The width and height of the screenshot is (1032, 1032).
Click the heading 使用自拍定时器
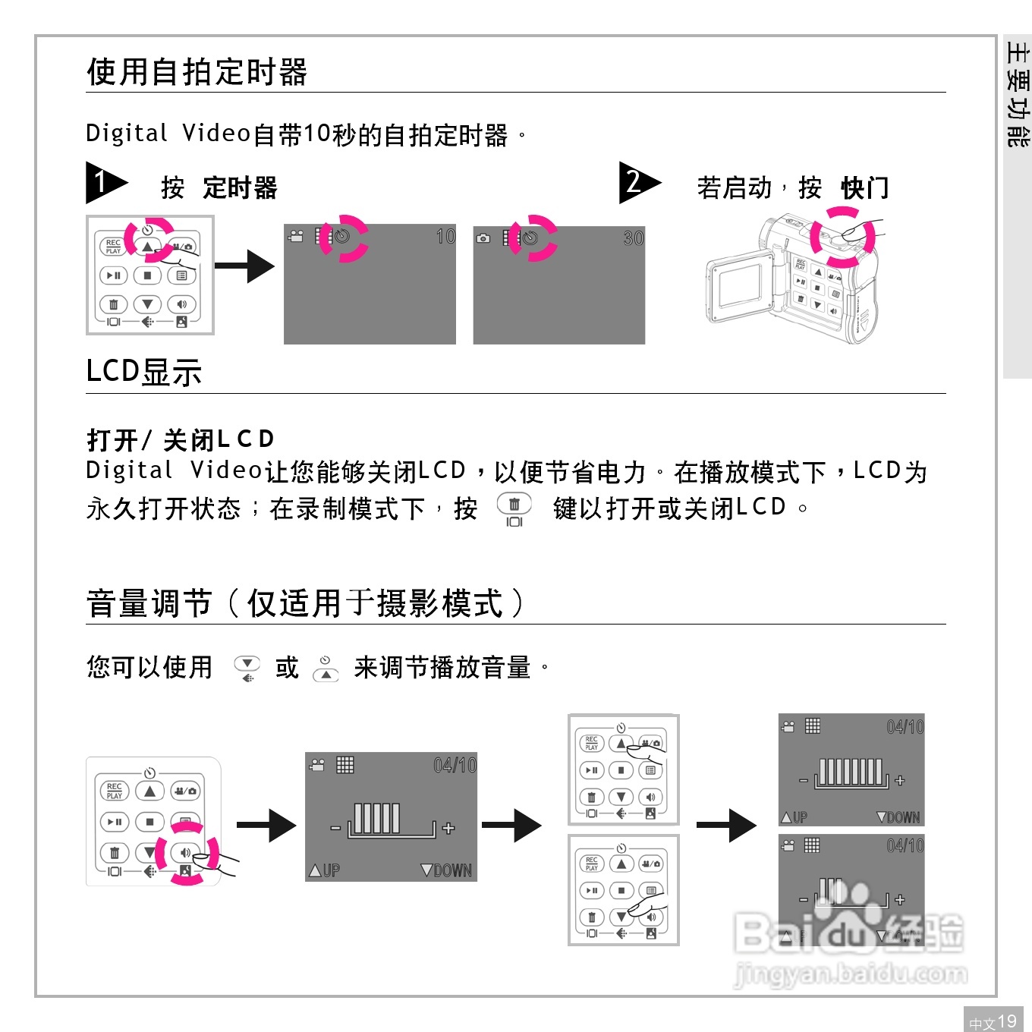pyautogui.click(x=197, y=72)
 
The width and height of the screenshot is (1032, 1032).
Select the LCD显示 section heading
pyautogui.click(x=143, y=373)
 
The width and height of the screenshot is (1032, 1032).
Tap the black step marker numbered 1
pyautogui.click(x=102, y=182)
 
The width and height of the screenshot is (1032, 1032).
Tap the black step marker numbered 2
pyautogui.click(x=636, y=182)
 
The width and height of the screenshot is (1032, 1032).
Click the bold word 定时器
pyautogui.click(x=240, y=187)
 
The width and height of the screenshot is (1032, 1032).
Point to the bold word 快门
pyautogui.click(x=864, y=187)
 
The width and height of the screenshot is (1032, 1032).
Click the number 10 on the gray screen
pyautogui.click(x=445, y=237)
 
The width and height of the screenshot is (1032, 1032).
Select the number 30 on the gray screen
pyautogui.click(x=633, y=238)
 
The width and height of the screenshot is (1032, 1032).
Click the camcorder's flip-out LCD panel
pyautogui.click(x=740, y=286)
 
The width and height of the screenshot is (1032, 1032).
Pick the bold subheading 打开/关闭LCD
pyautogui.click(x=180, y=439)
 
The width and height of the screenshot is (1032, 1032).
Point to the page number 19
pyautogui.click(x=1006, y=1021)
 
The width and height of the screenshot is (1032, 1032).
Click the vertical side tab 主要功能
pyautogui.click(x=1017, y=95)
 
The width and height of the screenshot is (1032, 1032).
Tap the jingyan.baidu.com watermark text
pyautogui.click(x=851, y=974)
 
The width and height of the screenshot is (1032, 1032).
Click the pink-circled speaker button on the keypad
pyautogui.click(x=185, y=853)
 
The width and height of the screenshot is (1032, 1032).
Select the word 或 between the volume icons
pyautogui.click(x=287, y=668)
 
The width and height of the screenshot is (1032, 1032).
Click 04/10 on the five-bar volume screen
pyautogui.click(x=455, y=766)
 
